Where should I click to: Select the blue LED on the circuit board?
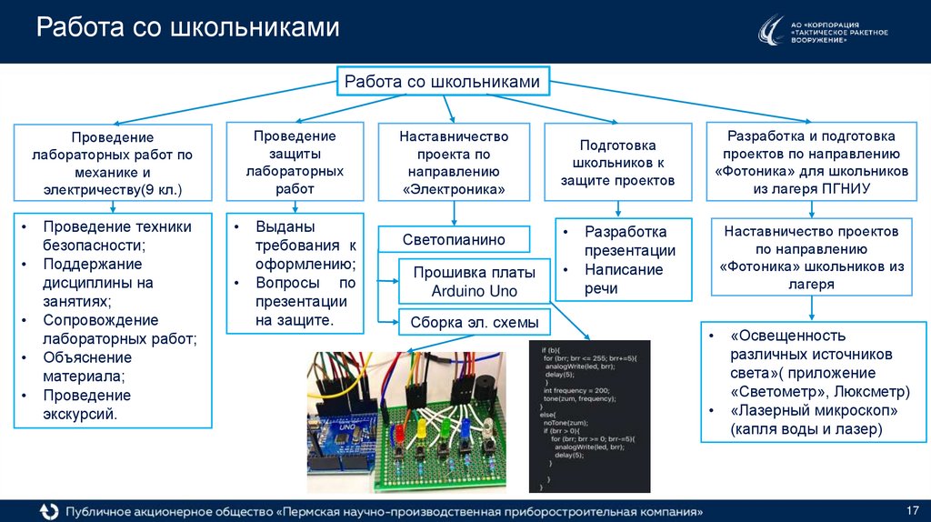pyautogui.click(x=465, y=426)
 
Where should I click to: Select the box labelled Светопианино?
pyautogui.click(x=454, y=240)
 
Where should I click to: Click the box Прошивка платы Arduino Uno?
pyautogui.click(x=474, y=282)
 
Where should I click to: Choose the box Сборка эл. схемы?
pyautogui.click(x=474, y=322)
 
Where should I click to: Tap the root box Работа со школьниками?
pyautogui.click(x=442, y=82)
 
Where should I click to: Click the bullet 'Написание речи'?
pyautogui.click(x=624, y=279)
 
